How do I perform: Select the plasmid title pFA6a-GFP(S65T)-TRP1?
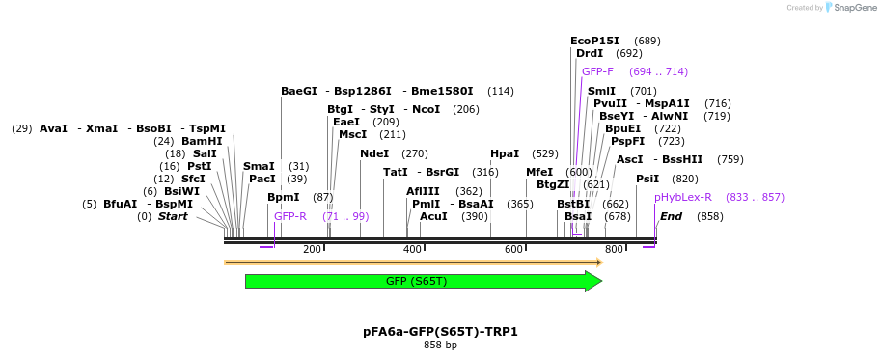click(440, 331)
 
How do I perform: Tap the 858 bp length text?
click(440, 345)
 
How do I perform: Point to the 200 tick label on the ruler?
click(312, 250)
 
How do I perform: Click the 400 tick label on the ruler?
click(412, 250)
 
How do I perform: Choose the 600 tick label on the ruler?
click(513, 250)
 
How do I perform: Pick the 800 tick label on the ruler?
click(614, 250)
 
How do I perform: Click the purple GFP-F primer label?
click(597, 71)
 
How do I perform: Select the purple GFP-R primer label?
click(289, 216)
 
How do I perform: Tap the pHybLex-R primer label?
click(682, 197)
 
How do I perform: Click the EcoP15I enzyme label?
click(594, 41)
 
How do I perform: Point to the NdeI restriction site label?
click(374, 153)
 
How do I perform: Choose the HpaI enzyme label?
click(505, 153)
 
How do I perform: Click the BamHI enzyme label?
click(202, 141)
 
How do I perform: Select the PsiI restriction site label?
click(647, 179)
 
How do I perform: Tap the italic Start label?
click(173, 216)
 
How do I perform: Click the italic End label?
click(671, 216)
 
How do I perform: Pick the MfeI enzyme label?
click(539, 172)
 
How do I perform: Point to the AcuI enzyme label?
click(433, 216)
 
